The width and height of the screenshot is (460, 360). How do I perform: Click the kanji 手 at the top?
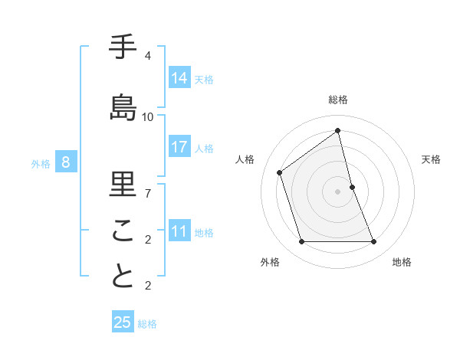pos(123,47)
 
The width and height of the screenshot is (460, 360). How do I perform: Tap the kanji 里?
pos(123,185)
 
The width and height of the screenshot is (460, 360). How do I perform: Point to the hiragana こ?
pos(123,231)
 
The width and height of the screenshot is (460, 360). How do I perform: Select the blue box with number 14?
pos(179,78)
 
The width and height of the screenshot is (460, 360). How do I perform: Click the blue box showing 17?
pos(179,148)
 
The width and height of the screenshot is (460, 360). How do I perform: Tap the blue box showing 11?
pos(179,231)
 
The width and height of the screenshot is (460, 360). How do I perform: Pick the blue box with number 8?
pos(66,162)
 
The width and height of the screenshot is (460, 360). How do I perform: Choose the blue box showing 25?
pos(123,322)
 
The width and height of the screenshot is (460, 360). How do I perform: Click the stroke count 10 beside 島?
pos(148,117)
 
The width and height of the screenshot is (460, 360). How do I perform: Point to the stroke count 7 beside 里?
pos(148,193)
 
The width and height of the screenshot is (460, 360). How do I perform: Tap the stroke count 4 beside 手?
pos(148,56)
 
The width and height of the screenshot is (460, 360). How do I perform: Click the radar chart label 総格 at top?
pos(338,100)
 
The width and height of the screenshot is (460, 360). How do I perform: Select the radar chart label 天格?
pos(431,159)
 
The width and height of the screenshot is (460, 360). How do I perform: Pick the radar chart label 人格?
pos(245,159)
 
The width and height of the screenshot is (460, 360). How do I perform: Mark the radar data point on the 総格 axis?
pos(338,131)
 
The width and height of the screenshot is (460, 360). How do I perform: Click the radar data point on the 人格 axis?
pos(280,172)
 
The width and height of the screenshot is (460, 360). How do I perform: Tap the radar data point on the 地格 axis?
pos(374,242)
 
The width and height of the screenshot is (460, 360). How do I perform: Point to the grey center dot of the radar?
pos(338,191)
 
